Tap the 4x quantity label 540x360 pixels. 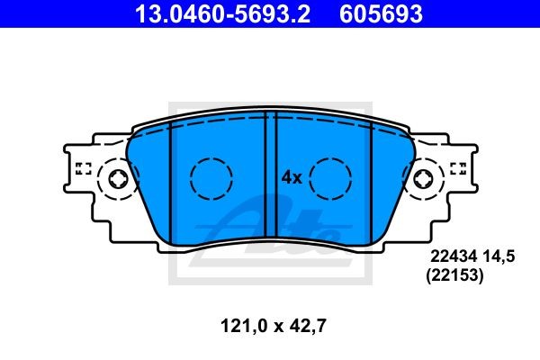290,177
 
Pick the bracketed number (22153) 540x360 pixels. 454,278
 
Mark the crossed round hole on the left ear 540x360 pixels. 117,178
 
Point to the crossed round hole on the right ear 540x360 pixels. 423,178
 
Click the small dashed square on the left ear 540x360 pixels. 84,167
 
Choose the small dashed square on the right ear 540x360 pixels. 457,167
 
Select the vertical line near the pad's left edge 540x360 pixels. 168,180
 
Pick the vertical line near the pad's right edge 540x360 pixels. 373,180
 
